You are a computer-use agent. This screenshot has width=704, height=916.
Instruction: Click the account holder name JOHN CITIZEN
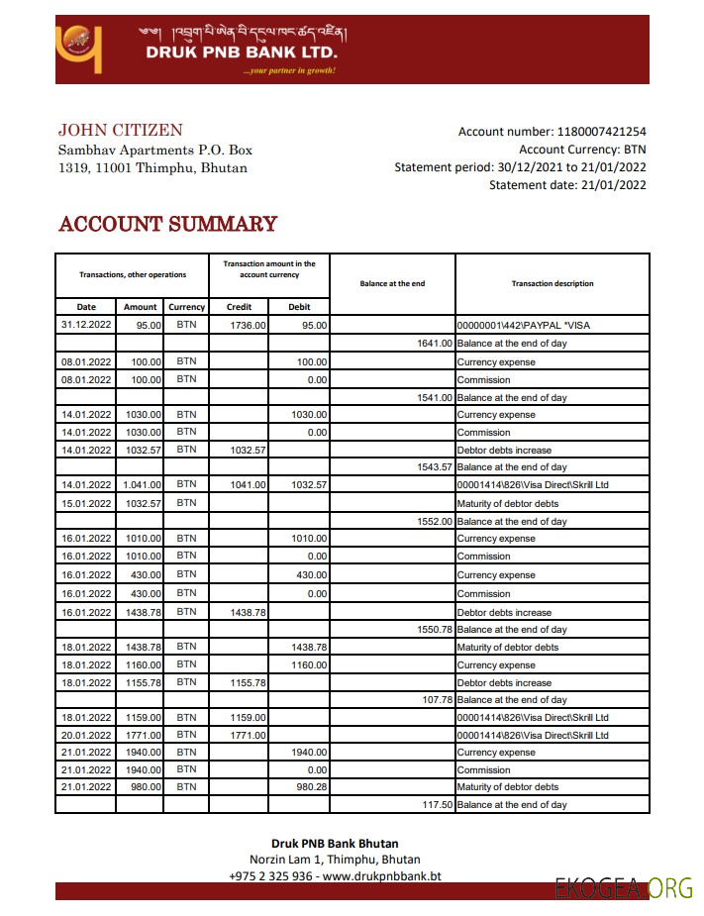pyautogui.click(x=120, y=131)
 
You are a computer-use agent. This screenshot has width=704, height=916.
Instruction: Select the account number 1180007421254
pyautogui.click(x=602, y=132)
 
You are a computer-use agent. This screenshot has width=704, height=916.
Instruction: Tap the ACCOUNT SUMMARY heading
pyautogui.click(x=167, y=224)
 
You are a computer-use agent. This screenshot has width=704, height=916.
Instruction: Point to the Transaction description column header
pyautogui.click(x=553, y=284)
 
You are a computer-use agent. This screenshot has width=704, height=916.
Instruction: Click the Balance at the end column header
pyautogui.click(x=392, y=284)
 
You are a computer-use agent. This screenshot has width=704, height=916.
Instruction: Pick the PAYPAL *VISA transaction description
pyautogui.click(x=525, y=325)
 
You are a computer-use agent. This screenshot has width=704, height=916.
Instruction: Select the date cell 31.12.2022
pyautogui.click(x=86, y=325)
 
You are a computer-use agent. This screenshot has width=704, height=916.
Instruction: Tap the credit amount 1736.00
pyautogui.click(x=247, y=325)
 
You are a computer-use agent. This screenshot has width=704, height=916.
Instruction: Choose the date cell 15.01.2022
pyautogui.click(x=86, y=503)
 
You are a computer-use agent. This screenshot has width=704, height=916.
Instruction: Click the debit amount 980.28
pyautogui.click(x=308, y=787)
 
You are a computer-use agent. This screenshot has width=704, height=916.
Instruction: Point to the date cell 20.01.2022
pyautogui.click(x=86, y=735)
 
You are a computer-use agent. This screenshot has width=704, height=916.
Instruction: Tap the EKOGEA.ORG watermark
pyautogui.click(x=623, y=888)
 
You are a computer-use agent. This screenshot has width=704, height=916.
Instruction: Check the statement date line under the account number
pyautogui.click(x=567, y=184)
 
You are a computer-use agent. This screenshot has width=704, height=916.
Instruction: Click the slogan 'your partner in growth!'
pyautogui.click(x=289, y=70)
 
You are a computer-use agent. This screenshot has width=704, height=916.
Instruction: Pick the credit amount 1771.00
pyautogui.click(x=247, y=735)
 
